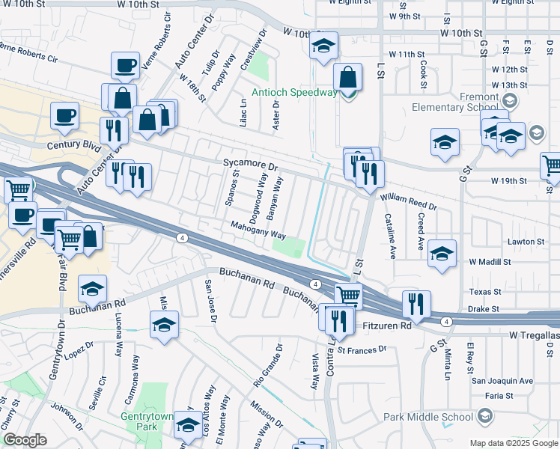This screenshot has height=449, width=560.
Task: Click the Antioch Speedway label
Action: coord(294,93)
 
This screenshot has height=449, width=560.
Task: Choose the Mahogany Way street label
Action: coord(258,229)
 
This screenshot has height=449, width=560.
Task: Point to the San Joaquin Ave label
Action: coord(502,381)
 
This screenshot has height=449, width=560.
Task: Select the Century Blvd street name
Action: coord(73,146)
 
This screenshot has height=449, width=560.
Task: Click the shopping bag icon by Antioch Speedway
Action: coord(347,77)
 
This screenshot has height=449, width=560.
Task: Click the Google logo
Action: coord(25,440)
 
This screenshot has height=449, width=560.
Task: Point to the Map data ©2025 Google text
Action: coord(513,443)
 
